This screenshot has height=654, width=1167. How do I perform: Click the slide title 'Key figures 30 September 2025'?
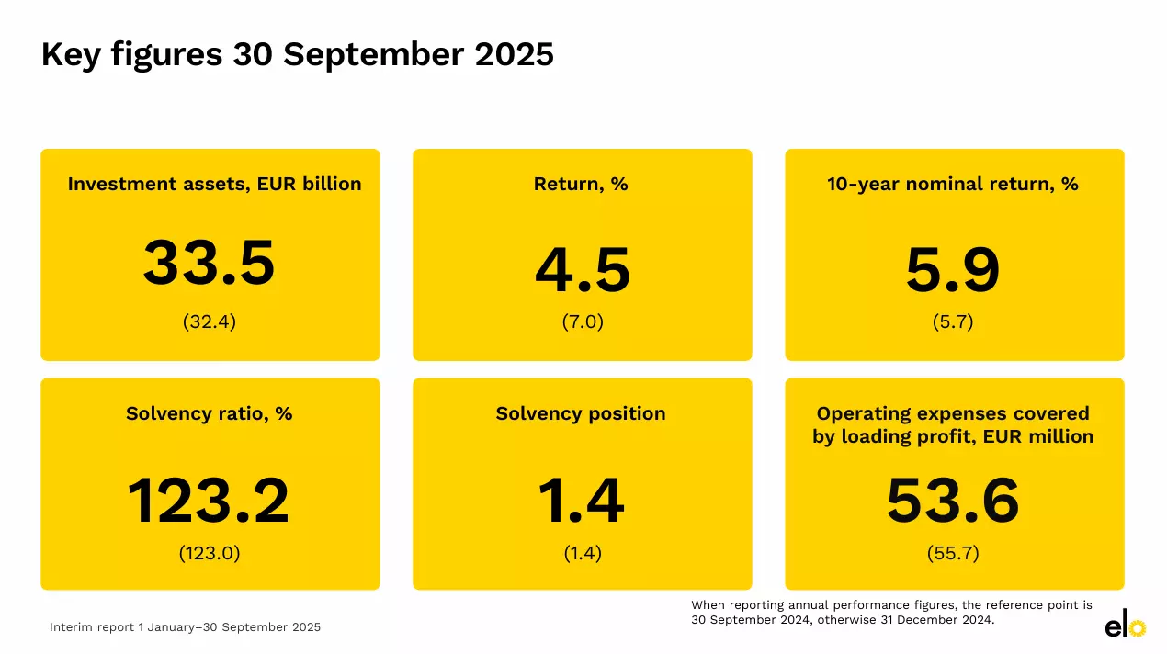coord(298,55)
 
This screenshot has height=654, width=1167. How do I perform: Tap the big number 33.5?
coord(210,264)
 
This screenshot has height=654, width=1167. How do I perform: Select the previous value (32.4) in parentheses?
coord(210,322)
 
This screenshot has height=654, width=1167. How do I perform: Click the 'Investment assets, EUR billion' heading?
coord(214,184)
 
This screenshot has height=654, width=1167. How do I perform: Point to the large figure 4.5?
coord(583,271)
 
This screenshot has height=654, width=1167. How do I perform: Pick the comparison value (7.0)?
coord(583,322)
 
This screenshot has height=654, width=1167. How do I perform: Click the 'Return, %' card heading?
coord(581,184)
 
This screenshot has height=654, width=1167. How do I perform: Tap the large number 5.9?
coord(953,271)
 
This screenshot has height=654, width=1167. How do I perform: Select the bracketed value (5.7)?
coord(953,322)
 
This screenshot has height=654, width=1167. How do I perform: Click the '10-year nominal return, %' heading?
coord(953,184)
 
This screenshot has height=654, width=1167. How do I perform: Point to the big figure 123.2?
coord(209,502)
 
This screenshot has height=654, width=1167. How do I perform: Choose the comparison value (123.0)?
coord(210,553)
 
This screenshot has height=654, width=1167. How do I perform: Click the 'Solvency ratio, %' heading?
coord(210,413)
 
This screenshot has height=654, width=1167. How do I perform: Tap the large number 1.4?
coord(581,502)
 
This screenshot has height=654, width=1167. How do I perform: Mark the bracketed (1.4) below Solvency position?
coord(582,553)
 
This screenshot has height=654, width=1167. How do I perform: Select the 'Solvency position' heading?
coord(581,413)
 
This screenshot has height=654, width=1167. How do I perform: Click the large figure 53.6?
coord(953,502)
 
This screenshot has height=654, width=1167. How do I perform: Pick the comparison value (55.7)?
coord(953,553)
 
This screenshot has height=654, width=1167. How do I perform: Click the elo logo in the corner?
coord(1125,626)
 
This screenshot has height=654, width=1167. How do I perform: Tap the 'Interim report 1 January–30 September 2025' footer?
coord(186,627)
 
